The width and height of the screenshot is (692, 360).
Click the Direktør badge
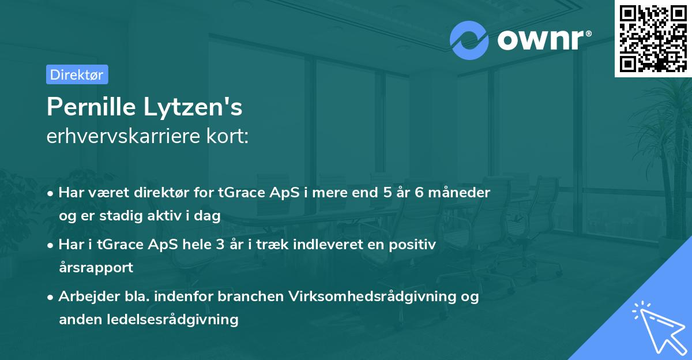pos(77,74)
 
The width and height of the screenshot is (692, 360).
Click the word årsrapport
pos(96,268)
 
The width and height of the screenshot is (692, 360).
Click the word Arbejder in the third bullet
pos(84,297)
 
